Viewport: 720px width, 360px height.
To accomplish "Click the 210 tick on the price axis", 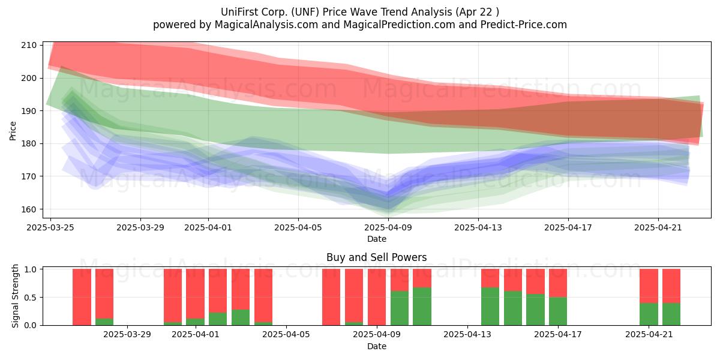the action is tap(29, 46).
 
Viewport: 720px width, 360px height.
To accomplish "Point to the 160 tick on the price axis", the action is tap(29, 209).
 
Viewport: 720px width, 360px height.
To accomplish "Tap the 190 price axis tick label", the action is tap(29, 111).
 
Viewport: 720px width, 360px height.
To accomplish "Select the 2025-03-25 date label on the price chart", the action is tap(50, 227).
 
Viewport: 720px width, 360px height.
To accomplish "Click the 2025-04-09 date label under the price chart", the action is tap(388, 227).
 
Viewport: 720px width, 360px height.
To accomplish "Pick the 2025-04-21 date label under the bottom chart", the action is tap(649, 335).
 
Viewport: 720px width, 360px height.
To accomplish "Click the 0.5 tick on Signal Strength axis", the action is tap(31, 298).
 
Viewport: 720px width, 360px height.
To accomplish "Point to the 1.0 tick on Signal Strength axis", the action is tap(31, 269).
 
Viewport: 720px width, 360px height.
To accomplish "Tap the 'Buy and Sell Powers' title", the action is tap(377, 257).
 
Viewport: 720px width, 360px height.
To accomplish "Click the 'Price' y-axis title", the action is tap(13, 131).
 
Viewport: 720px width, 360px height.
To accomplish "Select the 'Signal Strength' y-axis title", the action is tap(15, 296).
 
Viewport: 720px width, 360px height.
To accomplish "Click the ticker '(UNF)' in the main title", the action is tap(305, 12).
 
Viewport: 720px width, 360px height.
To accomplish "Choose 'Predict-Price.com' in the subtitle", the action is tap(524, 25).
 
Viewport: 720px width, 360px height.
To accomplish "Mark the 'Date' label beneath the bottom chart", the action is tap(377, 347).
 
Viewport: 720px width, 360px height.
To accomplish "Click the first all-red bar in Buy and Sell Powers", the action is tap(82, 297).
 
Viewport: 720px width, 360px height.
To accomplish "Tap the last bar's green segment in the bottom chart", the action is tap(671, 314).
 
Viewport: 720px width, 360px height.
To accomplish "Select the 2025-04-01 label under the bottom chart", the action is tap(196, 335).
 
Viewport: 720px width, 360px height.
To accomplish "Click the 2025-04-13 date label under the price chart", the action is tap(478, 227).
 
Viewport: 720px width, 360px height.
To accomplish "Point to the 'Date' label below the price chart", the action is tap(377, 239).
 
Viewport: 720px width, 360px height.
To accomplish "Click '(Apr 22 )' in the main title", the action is tap(477, 12).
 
